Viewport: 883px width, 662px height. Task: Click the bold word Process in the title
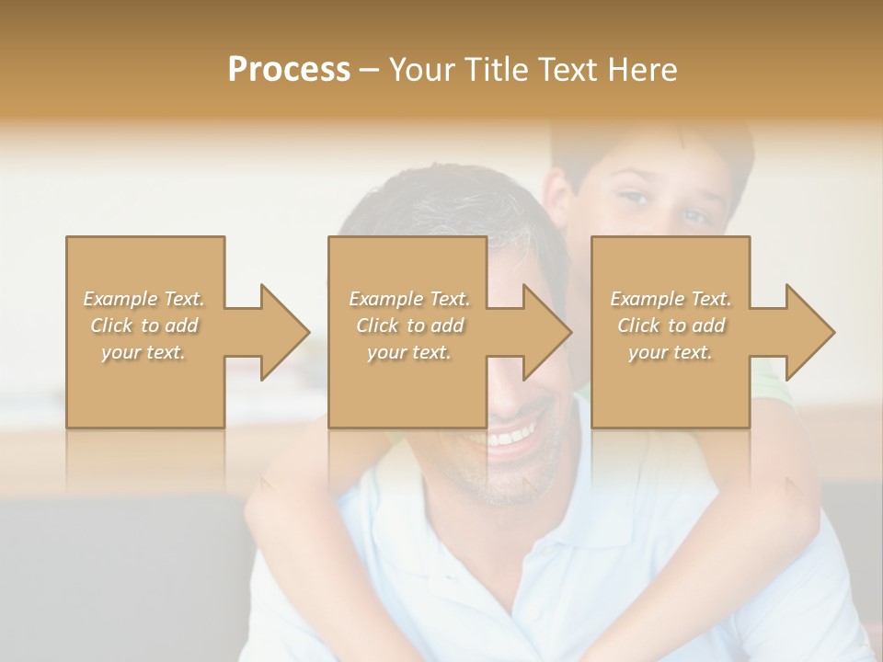289,69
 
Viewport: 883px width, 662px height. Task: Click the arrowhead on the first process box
283,332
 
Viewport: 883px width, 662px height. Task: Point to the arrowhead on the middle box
546,332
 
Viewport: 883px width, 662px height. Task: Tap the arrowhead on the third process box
809,332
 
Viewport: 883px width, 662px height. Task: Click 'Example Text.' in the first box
144,299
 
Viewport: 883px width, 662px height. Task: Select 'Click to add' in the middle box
409,325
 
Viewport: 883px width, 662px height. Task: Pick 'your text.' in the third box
671,352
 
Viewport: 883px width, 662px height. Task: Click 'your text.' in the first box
144,352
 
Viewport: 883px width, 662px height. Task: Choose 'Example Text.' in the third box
671,299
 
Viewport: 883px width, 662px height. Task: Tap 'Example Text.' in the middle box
409,299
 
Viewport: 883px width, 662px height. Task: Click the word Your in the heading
419,69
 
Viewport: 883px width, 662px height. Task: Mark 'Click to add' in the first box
144,325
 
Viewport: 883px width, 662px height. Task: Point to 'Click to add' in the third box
671,325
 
